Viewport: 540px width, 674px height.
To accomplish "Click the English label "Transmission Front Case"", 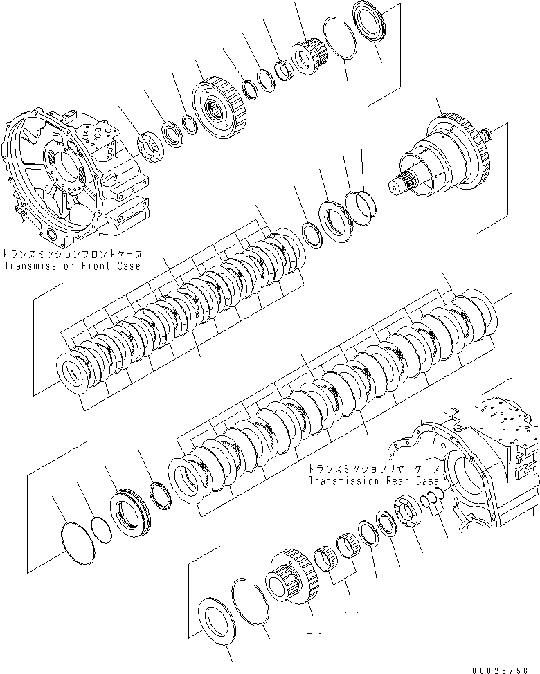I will pos(71,266).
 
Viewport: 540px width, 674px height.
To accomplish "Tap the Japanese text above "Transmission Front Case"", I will pos(71,253).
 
